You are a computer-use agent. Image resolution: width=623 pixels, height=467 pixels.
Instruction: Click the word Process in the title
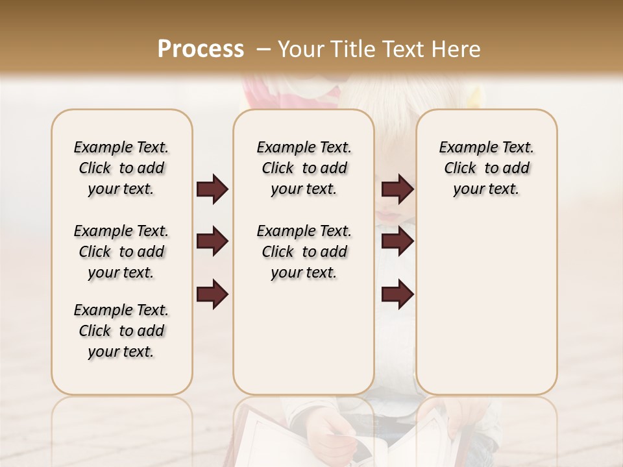(201, 49)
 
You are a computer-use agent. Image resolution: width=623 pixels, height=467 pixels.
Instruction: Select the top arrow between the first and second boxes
(212, 189)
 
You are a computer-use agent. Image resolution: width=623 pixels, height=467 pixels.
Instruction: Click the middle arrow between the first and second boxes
(212, 242)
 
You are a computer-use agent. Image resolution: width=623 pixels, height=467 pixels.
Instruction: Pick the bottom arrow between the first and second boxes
(212, 294)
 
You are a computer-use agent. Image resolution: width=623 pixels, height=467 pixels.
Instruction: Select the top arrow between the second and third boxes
(397, 189)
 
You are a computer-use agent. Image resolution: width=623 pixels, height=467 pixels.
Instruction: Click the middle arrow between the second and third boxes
(397, 242)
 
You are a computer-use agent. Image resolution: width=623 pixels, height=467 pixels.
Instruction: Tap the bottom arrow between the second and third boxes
(397, 294)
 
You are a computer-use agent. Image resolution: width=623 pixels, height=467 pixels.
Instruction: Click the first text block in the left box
(121, 168)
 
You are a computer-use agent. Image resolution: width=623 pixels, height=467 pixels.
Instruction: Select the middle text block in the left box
(121, 252)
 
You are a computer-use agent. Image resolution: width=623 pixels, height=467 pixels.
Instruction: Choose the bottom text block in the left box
(121, 331)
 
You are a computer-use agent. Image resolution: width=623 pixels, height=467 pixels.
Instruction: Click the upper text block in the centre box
(304, 168)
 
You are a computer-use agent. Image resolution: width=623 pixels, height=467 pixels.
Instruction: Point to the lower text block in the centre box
(304, 252)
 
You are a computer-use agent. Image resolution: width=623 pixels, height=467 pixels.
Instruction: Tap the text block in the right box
(486, 168)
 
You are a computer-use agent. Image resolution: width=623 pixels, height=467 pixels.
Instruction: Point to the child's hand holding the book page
(331, 431)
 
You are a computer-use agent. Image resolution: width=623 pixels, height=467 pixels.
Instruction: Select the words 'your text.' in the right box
(486, 189)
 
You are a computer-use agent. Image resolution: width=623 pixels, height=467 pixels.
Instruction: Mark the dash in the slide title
(263, 49)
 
